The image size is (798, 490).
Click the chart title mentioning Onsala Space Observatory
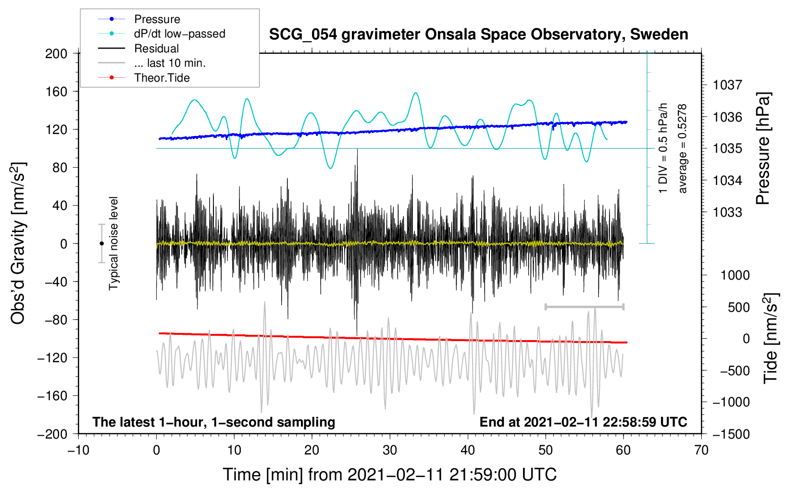[478, 35]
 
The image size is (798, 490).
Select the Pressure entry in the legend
[157, 19]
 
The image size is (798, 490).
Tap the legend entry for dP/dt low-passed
[179, 34]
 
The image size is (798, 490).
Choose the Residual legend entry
[156, 49]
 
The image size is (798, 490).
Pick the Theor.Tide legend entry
[162, 78]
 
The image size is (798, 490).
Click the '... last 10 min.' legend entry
[170, 63]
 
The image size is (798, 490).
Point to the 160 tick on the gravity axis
[56, 91]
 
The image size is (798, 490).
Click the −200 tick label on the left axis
[52, 434]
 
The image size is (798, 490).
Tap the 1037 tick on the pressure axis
[727, 85]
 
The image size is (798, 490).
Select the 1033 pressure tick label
[727, 212]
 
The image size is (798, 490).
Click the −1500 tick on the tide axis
[731, 434]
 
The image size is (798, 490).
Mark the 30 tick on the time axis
[390, 450]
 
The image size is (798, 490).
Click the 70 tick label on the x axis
[701, 450]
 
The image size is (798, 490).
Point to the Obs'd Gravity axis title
[18, 244]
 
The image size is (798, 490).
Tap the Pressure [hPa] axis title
[763, 148]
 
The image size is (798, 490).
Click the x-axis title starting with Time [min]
[390, 475]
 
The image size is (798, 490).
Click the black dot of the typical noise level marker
[101, 244]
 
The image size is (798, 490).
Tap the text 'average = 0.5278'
[683, 148]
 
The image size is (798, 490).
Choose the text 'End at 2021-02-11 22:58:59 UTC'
[583, 422]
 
